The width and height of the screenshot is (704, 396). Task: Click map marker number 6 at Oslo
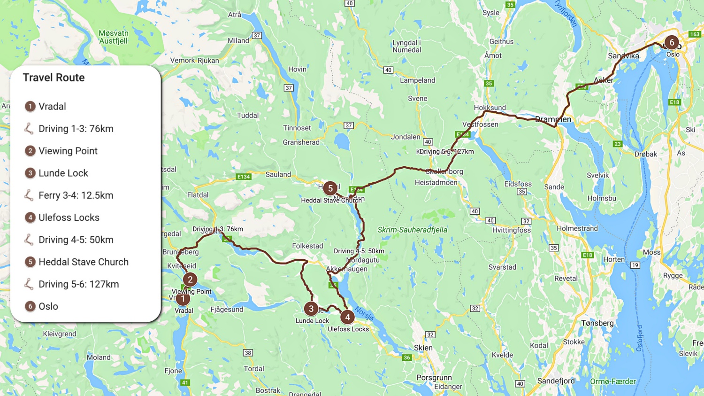coord(672,43)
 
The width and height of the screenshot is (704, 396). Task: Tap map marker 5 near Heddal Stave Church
coord(330,188)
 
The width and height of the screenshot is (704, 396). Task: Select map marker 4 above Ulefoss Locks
coord(347,317)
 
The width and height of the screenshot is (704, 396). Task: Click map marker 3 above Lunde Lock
coord(311,309)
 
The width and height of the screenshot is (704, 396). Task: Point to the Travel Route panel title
coord(54,78)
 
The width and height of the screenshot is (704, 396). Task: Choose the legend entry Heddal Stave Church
coord(83,262)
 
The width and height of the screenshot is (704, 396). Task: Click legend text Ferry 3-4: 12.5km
coord(76,195)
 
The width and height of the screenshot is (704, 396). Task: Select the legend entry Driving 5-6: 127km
coord(78,284)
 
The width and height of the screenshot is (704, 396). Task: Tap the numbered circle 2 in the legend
coord(30,151)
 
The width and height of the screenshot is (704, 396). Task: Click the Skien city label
coord(423,348)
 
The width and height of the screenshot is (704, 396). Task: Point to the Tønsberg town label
coord(597,323)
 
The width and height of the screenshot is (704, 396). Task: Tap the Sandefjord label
coord(556,381)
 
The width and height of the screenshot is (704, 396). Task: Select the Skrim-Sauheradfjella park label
coord(412,230)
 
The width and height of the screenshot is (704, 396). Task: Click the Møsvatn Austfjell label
coord(114,37)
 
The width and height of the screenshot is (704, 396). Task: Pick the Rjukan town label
coord(208,61)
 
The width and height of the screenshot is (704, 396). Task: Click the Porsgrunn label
coord(434,378)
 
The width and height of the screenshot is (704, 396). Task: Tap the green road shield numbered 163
coord(695,34)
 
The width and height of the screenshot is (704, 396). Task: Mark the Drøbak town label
coord(646,154)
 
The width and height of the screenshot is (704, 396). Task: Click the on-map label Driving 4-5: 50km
coord(359,251)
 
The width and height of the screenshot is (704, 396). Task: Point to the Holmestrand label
coord(577,229)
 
